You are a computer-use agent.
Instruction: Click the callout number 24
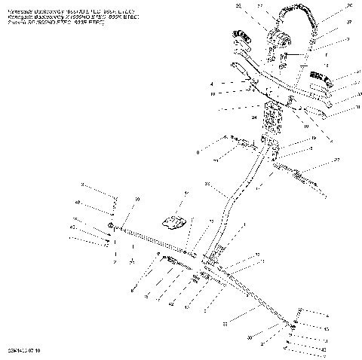(x=255, y=117)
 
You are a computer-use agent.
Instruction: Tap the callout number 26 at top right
(x=327, y=6)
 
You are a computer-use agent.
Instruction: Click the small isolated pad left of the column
(x=175, y=221)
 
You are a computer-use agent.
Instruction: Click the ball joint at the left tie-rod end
(x=112, y=227)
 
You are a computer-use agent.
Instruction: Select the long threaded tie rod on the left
(x=155, y=242)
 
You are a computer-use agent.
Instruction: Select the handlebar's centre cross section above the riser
(x=275, y=88)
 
